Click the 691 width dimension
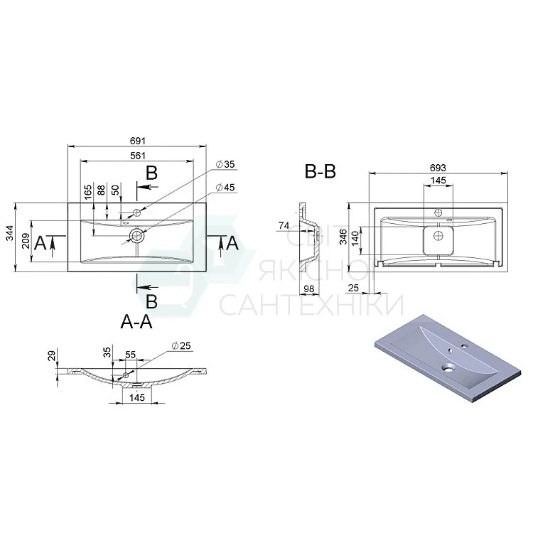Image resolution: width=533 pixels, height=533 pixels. (x=138, y=141)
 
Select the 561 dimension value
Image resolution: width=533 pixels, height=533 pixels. (x=138, y=156)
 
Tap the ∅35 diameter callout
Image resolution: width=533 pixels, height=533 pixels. (x=225, y=164)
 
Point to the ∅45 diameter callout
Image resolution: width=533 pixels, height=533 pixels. (x=225, y=188)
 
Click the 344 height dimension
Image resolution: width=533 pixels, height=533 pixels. (x=10, y=233)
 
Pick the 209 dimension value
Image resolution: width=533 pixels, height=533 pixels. (x=26, y=241)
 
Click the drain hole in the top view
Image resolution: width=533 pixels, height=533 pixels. (x=136, y=235)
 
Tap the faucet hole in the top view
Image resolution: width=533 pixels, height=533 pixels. (x=137, y=212)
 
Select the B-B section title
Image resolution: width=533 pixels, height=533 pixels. (x=321, y=171)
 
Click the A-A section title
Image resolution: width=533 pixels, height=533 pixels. (x=136, y=321)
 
